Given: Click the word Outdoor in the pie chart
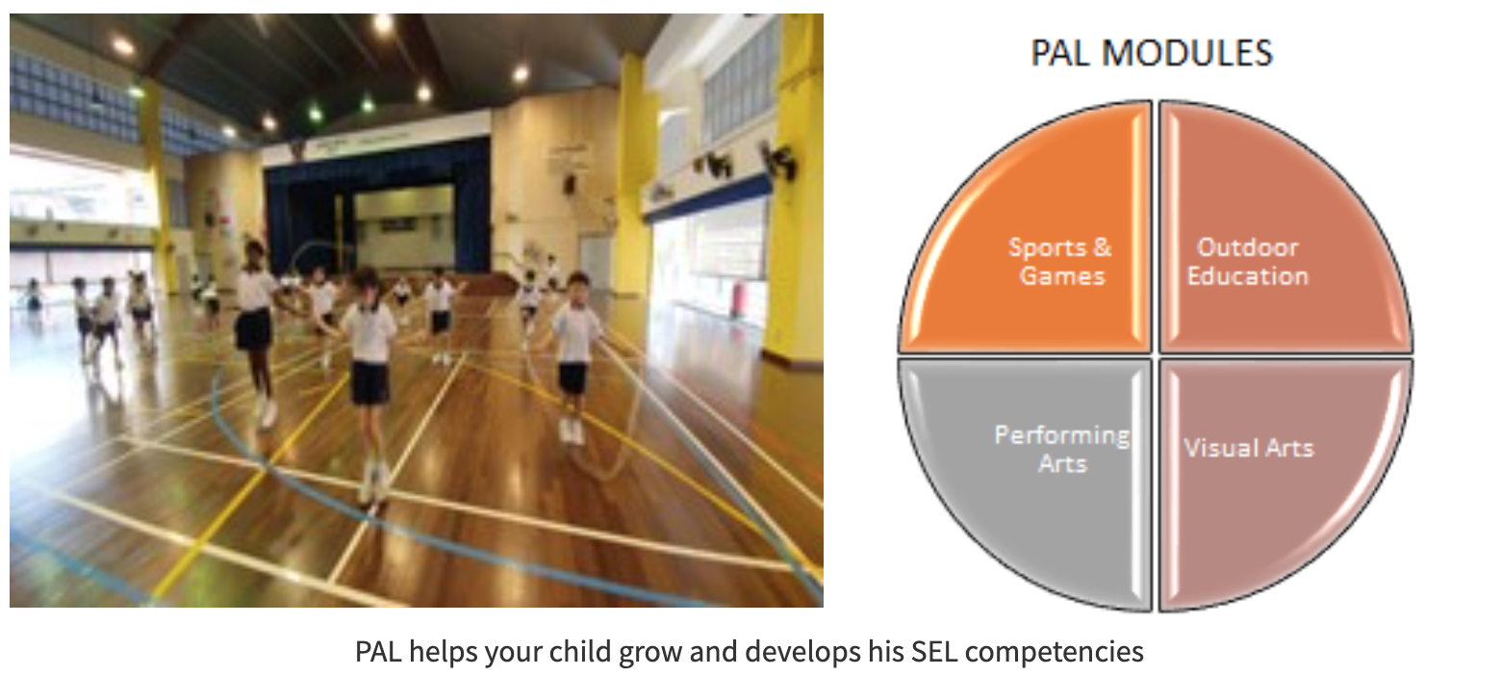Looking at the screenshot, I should tap(1247, 247).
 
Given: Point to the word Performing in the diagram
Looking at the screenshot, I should tap(1061, 435).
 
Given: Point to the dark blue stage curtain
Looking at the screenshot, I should tap(298, 207).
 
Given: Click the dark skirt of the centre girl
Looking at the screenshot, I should tap(369, 383).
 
